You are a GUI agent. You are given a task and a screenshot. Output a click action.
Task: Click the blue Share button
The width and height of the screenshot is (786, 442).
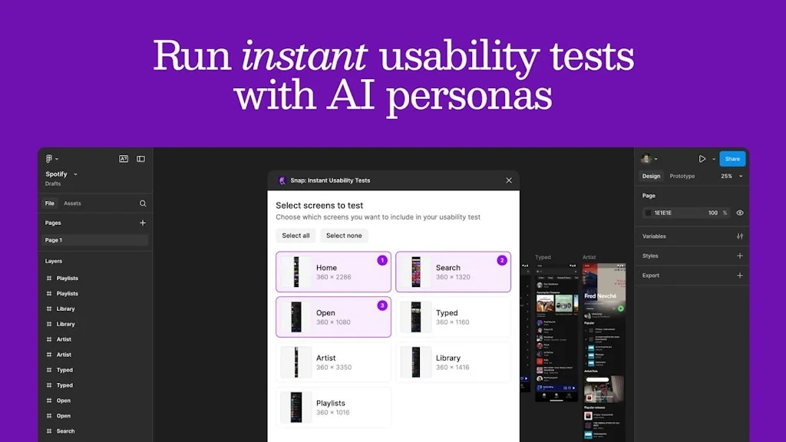[x=732, y=159]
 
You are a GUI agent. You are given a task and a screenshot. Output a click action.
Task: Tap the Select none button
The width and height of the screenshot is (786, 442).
[x=344, y=236]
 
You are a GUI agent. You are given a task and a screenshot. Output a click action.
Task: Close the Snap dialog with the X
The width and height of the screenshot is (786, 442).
[x=509, y=180]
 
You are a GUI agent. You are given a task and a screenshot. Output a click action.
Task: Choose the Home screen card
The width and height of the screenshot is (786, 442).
[x=333, y=272]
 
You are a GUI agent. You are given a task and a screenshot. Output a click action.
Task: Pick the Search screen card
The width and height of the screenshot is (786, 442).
[x=453, y=272]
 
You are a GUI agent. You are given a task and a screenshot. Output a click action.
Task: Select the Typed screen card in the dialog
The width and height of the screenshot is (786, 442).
[x=453, y=317]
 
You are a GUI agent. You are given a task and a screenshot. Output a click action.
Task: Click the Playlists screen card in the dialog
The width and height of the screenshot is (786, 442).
[x=333, y=407]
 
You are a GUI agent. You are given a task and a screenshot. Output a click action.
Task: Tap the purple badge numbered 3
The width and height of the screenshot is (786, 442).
[x=382, y=305]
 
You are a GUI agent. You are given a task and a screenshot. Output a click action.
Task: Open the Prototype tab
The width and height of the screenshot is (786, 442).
[x=682, y=176]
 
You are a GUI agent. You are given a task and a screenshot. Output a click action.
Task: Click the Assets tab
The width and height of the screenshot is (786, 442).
[x=72, y=203]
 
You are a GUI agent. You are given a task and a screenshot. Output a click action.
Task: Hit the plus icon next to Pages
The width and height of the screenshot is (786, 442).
[x=142, y=223]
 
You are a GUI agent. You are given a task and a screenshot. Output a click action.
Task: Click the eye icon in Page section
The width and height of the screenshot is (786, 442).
[x=740, y=213]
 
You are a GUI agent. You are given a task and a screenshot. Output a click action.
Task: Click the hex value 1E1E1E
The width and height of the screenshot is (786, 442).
[x=663, y=213]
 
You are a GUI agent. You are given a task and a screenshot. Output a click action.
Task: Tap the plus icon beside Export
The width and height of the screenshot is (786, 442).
[x=740, y=275]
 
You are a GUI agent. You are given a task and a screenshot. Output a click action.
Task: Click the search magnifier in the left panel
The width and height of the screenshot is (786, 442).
[x=143, y=203]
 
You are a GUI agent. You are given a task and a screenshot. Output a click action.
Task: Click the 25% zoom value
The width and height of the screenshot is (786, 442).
[x=726, y=176]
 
